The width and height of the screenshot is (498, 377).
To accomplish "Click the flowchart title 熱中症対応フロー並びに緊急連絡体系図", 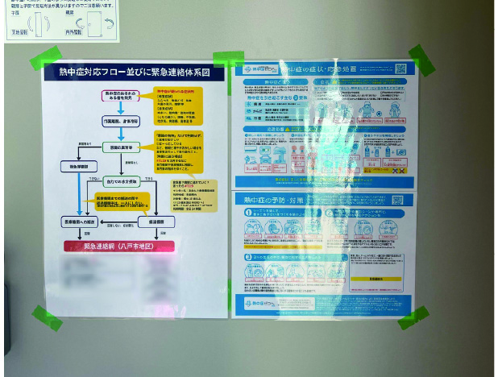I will click(135, 72).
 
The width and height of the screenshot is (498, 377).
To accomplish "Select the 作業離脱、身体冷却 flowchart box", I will click(120, 121).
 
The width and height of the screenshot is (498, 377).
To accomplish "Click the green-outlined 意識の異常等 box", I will click(121, 147).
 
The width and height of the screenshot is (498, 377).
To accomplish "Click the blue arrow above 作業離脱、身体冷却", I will click(120, 108).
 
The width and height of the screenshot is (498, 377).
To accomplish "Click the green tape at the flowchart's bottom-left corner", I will click(47, 317).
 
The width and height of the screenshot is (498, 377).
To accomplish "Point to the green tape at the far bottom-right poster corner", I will click(413, 317).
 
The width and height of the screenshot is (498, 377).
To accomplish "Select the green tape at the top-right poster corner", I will click(421, 60).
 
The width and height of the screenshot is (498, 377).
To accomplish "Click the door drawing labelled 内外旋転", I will click(100, 23).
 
